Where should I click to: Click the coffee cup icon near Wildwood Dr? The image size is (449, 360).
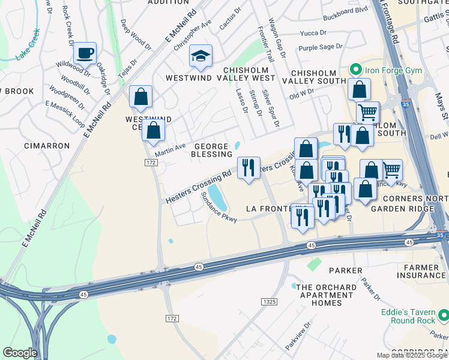point(85,53)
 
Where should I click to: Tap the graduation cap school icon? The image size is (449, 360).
point(200,56)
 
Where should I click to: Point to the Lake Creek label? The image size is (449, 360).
point(28,44)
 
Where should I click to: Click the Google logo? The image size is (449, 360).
point(20,353)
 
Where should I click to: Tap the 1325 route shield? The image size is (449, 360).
point(269,301)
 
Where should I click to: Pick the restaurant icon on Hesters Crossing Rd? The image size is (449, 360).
point(249,167)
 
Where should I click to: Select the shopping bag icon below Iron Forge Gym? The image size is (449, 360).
point(358,90)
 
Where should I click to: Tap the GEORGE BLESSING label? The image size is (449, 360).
point(210,150)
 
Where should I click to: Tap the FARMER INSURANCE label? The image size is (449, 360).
point(425,271)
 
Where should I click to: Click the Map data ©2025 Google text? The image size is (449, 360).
point(411,355)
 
